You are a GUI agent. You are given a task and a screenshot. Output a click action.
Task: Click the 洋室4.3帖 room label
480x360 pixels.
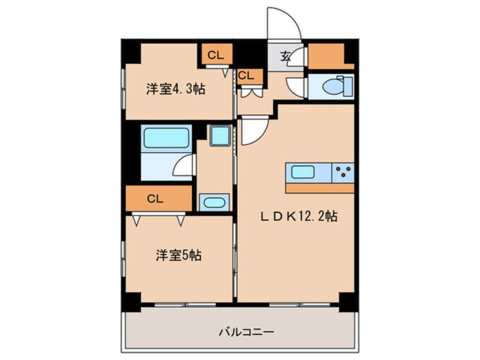point(176,89)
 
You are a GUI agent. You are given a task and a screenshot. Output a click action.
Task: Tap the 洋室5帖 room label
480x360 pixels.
point(179,256)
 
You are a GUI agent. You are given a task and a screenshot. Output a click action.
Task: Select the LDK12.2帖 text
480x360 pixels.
point(299,216)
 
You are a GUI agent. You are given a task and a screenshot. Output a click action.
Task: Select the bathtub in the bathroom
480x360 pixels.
point(166,137)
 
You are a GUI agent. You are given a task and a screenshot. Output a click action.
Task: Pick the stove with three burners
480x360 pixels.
point(343,171)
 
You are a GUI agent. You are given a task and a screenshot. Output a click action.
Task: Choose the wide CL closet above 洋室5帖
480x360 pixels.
point(159,199)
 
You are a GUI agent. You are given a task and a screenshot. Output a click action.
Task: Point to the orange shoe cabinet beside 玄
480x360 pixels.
point(326,56)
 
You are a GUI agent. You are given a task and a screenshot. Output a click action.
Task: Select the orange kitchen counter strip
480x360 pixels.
point(319,188)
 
